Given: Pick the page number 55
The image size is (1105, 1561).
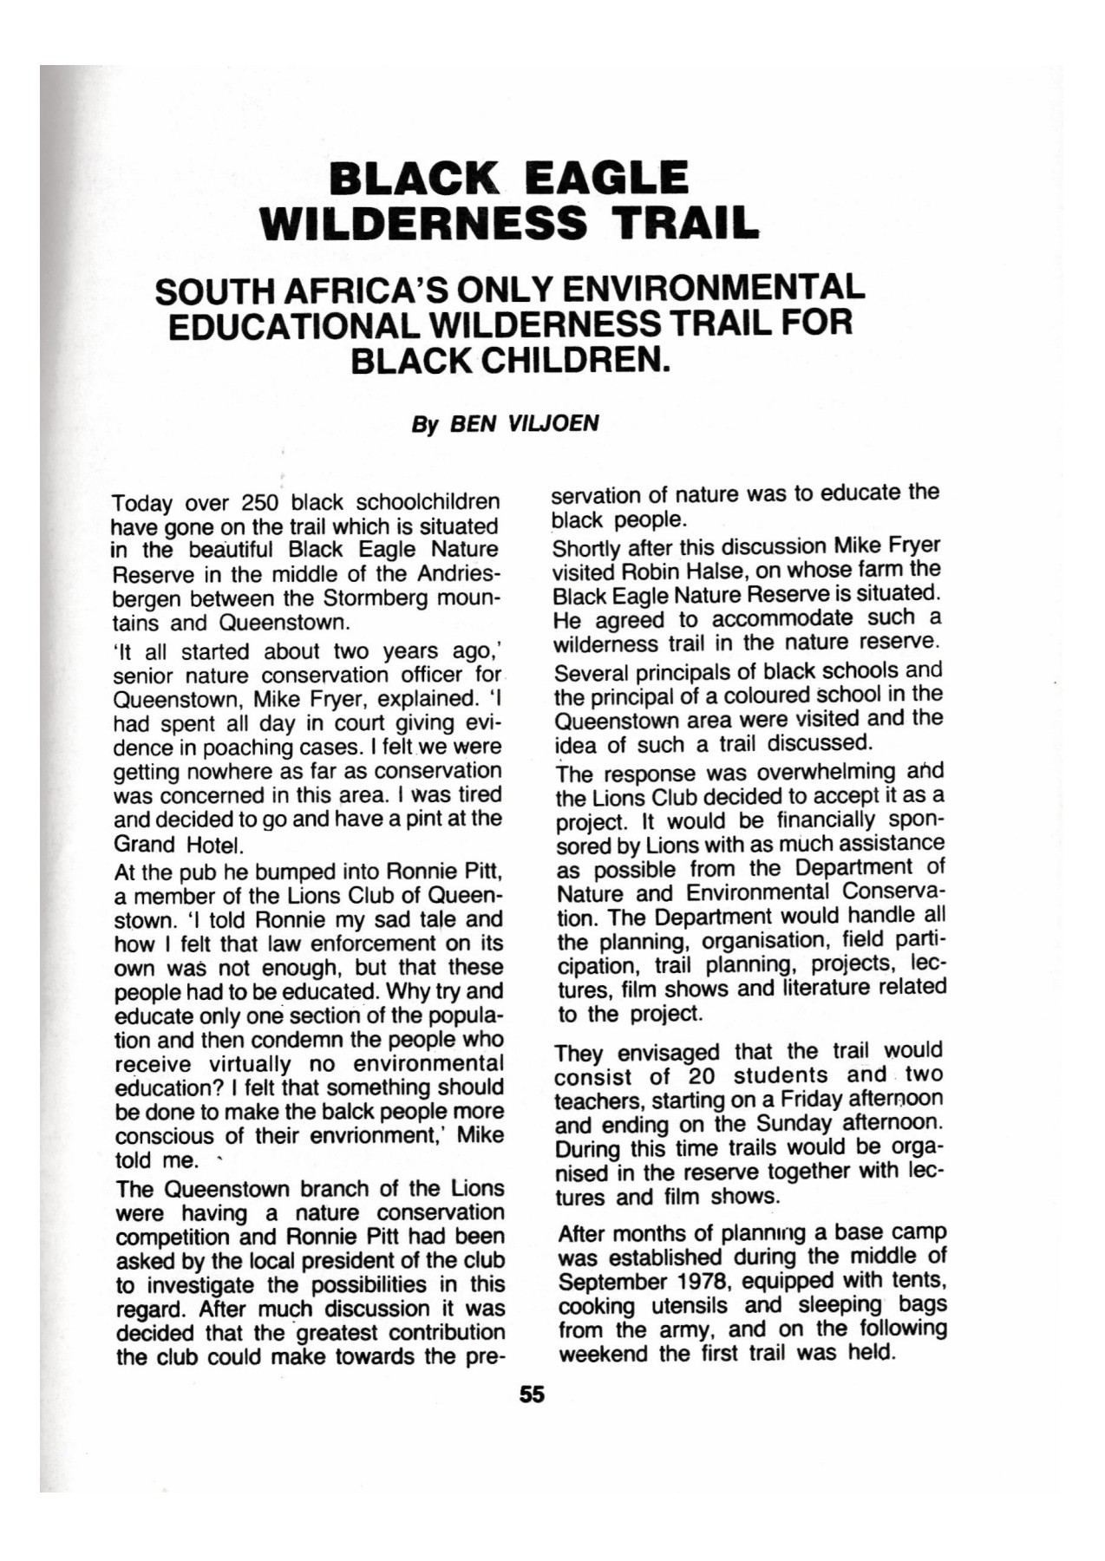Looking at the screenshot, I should point(532,1394).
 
